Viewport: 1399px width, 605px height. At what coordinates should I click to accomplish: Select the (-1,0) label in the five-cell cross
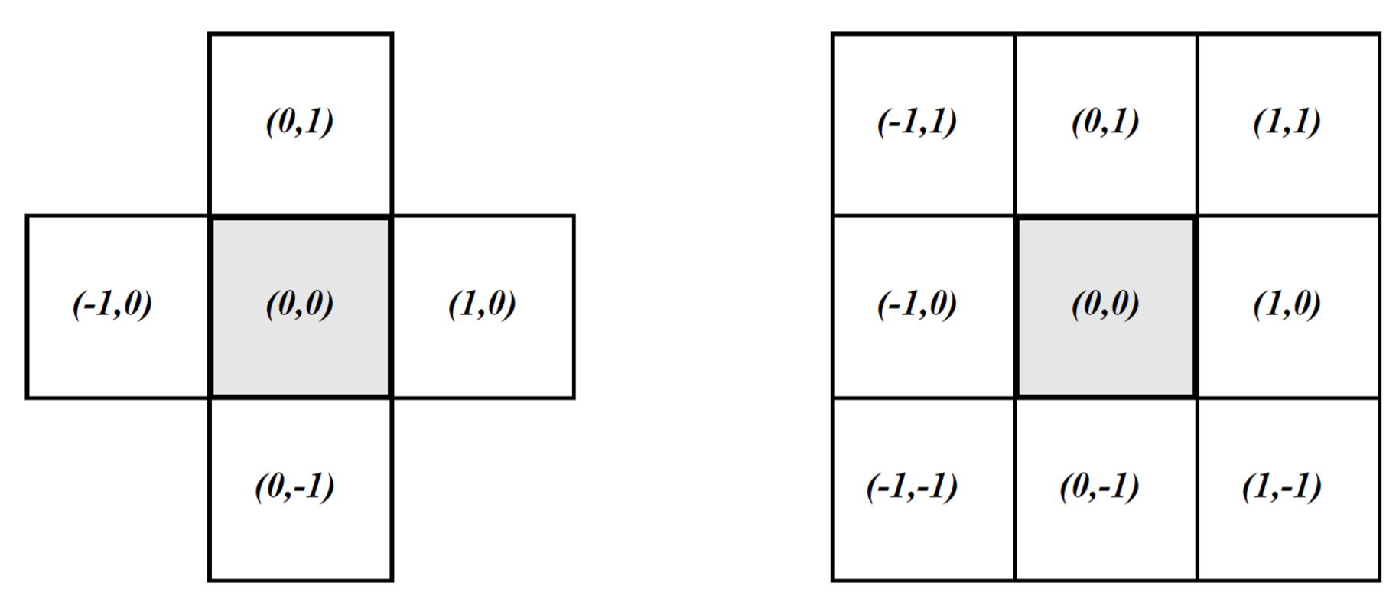coord(112,304)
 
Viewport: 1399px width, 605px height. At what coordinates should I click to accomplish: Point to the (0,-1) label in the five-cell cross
coord(294,486)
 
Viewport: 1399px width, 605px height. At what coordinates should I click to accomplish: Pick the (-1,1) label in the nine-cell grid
coord(916,122)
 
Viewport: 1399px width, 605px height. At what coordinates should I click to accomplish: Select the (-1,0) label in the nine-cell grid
coord(916,304)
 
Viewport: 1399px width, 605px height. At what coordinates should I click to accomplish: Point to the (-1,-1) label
coord(912,486)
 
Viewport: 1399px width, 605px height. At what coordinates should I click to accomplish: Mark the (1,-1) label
coord(1282,486)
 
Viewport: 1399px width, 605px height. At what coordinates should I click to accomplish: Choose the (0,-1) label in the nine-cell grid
coord(1099,486)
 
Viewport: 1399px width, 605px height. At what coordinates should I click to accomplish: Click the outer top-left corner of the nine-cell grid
coord(833,34)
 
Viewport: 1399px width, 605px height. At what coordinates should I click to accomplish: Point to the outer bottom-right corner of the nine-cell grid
coord(1379,580)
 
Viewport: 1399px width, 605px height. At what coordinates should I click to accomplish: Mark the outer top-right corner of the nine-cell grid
coord(1379,34)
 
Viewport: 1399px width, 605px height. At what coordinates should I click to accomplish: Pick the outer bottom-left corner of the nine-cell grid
coord(833,580)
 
